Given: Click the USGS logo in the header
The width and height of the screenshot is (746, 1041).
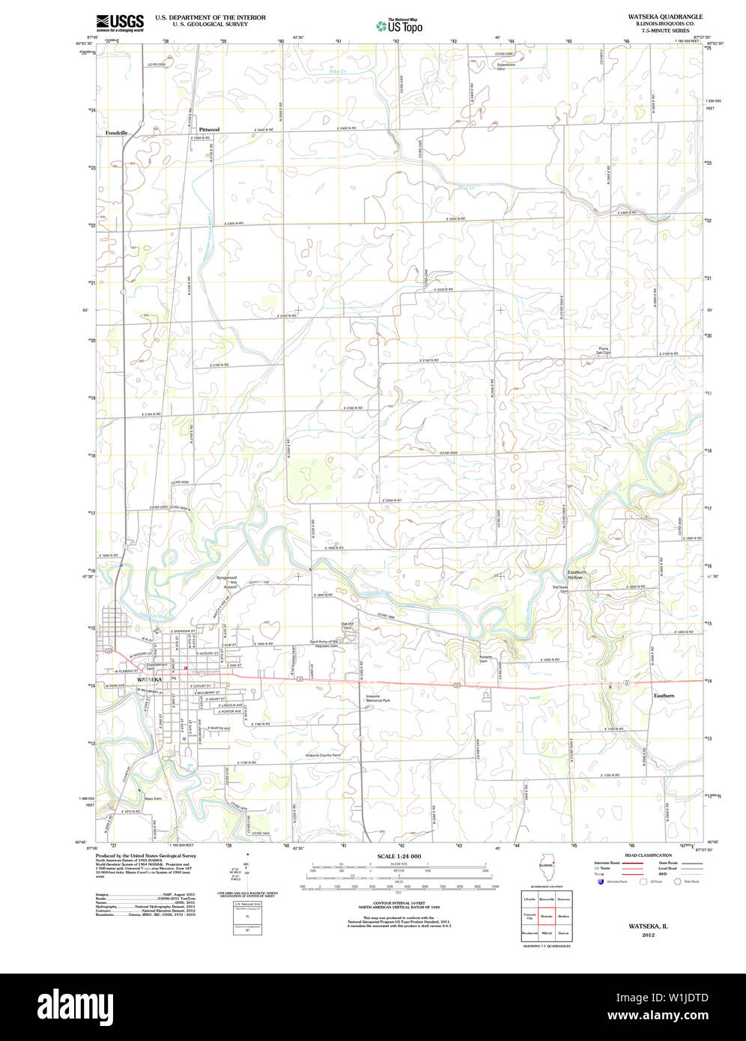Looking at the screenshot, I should (120, 22).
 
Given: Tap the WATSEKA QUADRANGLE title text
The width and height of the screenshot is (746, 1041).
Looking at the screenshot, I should (665, 16).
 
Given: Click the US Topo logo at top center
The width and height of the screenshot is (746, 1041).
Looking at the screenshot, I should (400, 26).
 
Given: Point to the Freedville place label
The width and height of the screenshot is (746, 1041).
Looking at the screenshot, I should (117, 133).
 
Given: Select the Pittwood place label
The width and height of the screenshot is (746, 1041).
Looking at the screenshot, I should (209, 130).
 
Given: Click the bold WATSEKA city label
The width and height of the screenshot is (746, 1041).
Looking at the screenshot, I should (149, 679).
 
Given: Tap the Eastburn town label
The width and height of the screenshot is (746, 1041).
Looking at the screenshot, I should (664, 696).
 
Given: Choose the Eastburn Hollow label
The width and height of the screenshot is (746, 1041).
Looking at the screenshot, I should (575, 575).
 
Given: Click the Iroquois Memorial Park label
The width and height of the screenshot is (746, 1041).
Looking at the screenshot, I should (377, 698).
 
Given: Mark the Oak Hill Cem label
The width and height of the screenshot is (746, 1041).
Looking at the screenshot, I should (347, 625).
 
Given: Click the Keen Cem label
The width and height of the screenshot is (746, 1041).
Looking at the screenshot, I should (153, 798).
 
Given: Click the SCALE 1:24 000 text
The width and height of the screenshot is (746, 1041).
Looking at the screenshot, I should (399, 856).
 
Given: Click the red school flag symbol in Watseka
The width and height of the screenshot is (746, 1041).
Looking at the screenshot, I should (185, 666).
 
